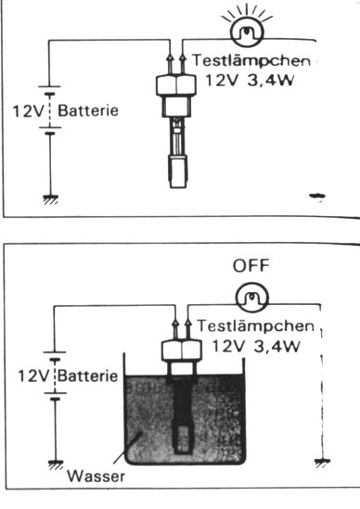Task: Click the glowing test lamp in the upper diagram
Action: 247,32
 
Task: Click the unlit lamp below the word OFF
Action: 252,298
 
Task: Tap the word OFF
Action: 251,265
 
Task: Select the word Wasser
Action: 96,477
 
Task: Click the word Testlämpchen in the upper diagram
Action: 251,61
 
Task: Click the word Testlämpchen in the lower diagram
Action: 256,326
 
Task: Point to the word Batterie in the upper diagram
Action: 88,110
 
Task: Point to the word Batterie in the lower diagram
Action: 88,376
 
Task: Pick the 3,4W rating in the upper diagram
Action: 271,81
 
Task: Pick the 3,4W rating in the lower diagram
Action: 276,347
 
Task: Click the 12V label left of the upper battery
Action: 28,111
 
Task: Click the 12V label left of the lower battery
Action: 33,376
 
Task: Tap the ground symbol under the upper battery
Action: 50,199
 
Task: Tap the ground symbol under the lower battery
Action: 56,464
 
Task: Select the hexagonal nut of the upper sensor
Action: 176,85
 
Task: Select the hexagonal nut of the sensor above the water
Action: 182,350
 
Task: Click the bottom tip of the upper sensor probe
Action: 178,187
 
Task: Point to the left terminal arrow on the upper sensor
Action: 169,63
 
